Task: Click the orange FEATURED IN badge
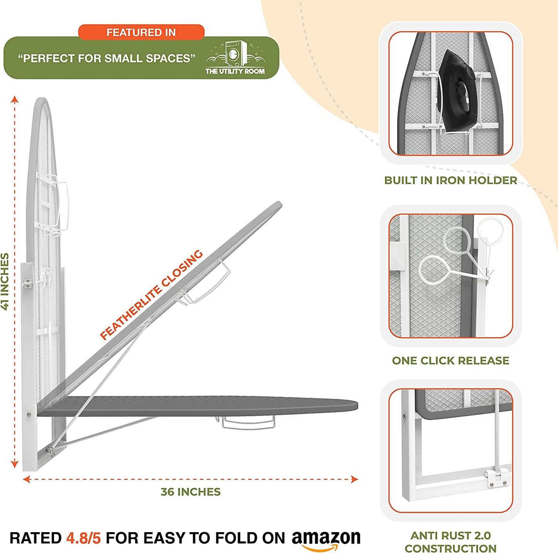(141, 32)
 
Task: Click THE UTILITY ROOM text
(235, 71)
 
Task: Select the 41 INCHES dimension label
(5, 281)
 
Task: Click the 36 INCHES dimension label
(190, 492)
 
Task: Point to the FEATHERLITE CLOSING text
(151, 295)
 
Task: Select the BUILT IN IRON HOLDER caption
(450, 180)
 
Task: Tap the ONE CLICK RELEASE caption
(450, 361)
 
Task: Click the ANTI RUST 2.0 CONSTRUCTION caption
(450, 542)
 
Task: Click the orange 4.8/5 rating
(83, 538)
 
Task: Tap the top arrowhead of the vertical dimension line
(15, 99)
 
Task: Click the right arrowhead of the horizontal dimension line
(354, 480)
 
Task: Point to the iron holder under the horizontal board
(248, 422)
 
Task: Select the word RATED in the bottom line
(35, 538)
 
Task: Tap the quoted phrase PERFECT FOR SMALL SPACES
(106, 58)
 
